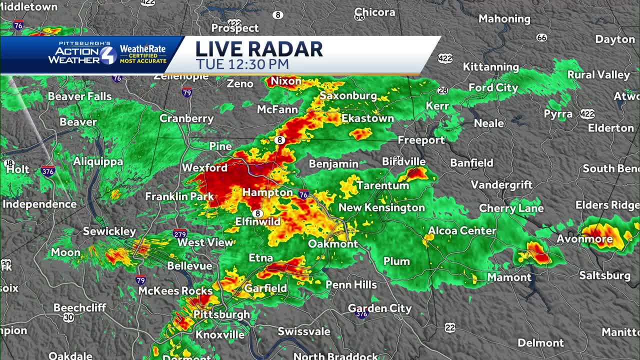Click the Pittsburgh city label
point(221,314)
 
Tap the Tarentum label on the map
point(383,185)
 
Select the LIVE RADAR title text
point(258,49)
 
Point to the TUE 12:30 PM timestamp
point(242,64)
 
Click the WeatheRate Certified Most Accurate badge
point(143,54)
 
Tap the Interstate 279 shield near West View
point(180,233)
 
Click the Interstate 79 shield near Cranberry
point(187,92)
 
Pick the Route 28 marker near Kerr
point(442,90)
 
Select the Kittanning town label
point(491,67)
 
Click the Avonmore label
point(584,239)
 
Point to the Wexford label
point(204,168)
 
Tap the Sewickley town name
point(109,231)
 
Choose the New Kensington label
point(381,207)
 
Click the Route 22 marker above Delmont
point(450,327)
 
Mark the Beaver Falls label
point(79,96)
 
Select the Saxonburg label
point(348,95)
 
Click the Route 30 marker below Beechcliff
point(69,317)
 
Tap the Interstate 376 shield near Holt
point(48,171)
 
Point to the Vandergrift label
point(502,185)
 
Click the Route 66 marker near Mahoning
point(541,37)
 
